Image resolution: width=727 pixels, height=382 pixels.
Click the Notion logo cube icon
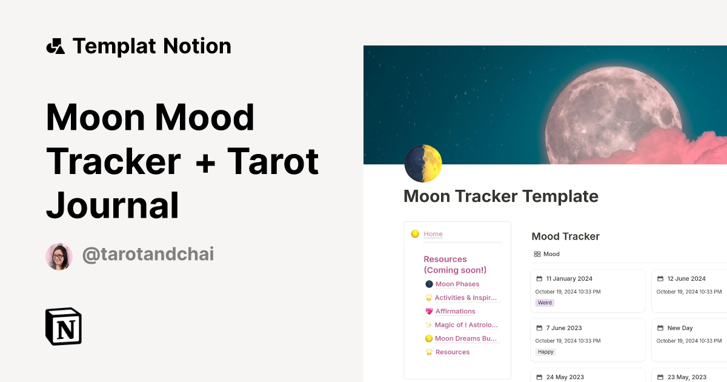coord(64,326)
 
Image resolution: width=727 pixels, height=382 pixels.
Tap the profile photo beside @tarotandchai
coord(59,256)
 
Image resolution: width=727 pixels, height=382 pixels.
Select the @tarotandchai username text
coord(148,255)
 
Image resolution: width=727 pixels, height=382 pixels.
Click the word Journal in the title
coord(113,205)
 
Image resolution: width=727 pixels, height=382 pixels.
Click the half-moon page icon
coord(423,164)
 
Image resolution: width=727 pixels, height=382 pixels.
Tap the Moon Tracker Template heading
coord(500,196)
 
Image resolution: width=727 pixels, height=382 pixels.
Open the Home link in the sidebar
coord(433,234)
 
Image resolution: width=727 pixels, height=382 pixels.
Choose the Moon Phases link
coord(457,284)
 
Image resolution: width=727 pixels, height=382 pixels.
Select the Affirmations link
coord(455,311)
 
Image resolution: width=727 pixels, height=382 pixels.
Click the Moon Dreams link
coord(466,338)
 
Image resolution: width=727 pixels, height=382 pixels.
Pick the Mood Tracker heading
coord(565,236)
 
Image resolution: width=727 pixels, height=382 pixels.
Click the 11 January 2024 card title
coord(569,279)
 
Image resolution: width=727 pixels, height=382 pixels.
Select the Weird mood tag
coord(545,303)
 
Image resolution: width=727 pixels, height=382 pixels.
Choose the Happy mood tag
coord(545,352)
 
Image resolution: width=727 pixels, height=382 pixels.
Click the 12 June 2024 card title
coord(686,279)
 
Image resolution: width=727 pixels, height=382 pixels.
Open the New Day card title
coord(680,328)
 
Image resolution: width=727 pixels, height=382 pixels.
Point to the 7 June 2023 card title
coord(563,328)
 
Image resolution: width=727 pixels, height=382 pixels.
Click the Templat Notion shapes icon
coord(55,46)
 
